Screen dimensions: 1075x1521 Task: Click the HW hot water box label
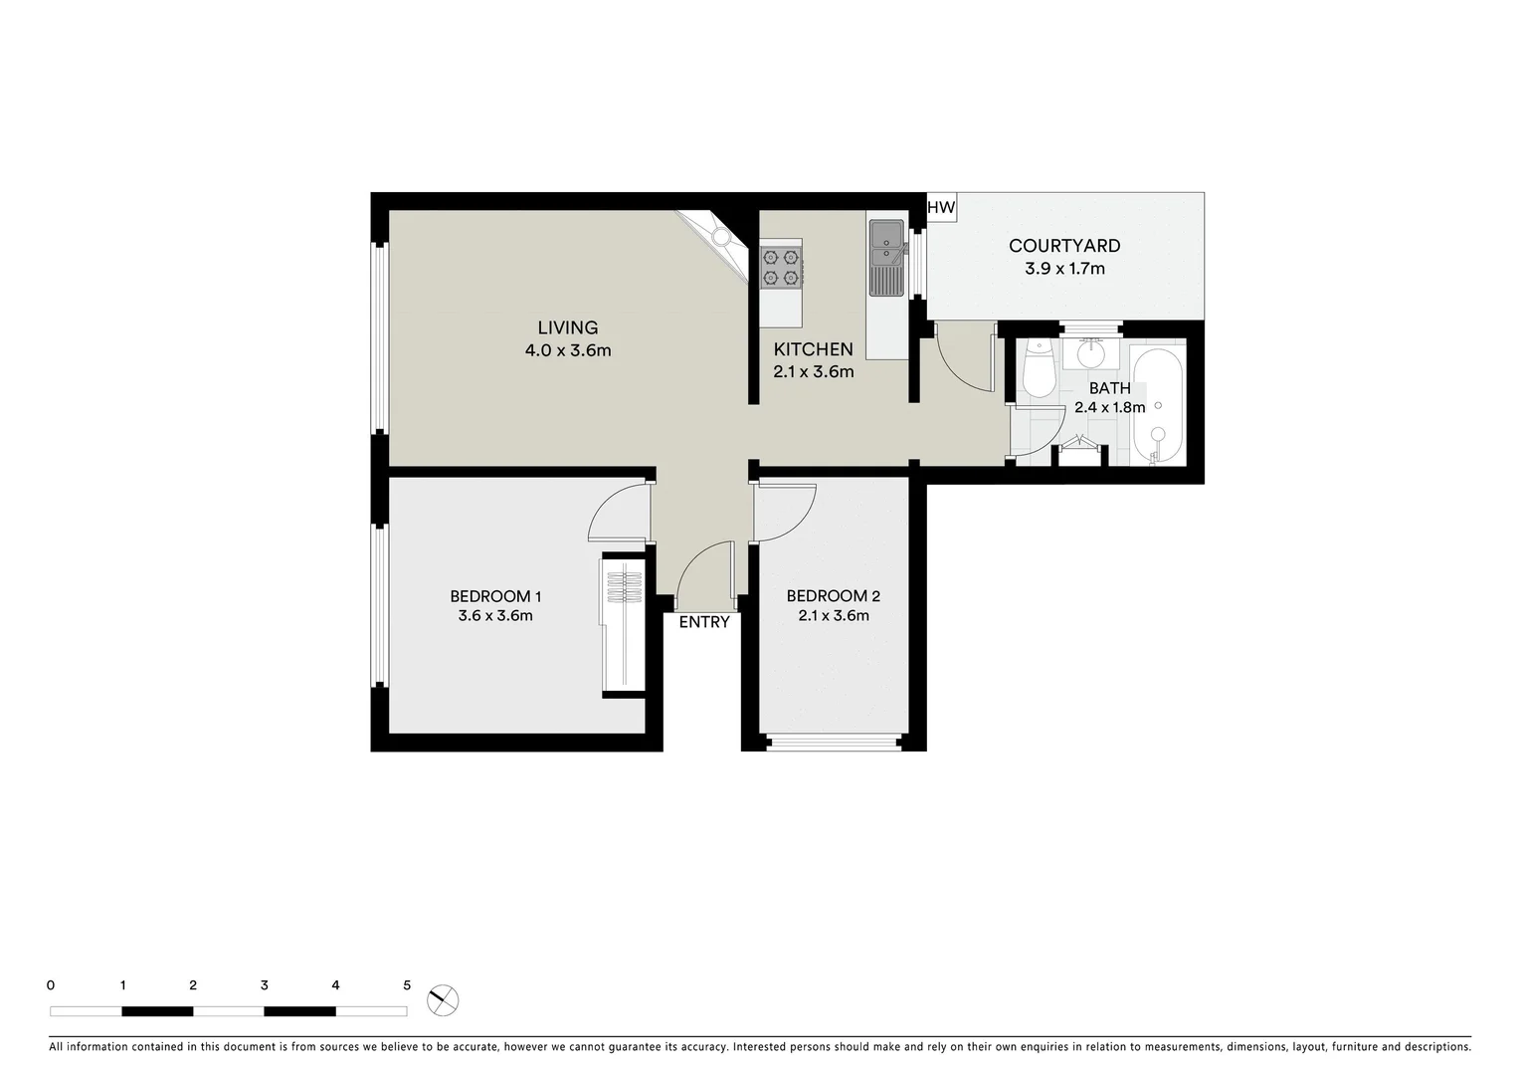coord(940,207)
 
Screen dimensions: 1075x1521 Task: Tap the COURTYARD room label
coord(1063,246)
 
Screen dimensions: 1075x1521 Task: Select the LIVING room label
coord(567,327)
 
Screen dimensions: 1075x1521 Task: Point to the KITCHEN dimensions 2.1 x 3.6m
coord(813,372)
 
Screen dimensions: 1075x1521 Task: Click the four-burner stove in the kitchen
coord(781,267)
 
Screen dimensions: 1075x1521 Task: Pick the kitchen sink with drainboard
coord(885,258)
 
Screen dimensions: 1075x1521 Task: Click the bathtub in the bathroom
coord(1157,406)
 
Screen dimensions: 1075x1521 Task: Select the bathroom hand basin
coord(1091,352)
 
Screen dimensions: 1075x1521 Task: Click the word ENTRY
coord(703,622)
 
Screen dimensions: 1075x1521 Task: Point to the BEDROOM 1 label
coord(494,596)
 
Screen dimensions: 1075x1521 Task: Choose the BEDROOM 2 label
coord(833,596)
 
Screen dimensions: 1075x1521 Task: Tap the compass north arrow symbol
coord(443,1000)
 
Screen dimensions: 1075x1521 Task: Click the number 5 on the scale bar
coord(407,985)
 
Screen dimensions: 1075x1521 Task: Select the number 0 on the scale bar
coord(51,985)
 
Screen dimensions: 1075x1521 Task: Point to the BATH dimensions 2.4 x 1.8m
coord(1109,407)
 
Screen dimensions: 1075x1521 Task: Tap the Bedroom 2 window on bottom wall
coord(834,742)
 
